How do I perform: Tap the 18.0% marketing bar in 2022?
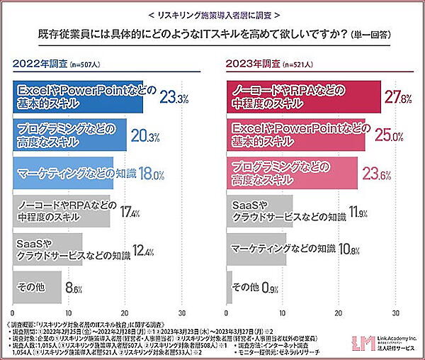[x=64, y=173]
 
